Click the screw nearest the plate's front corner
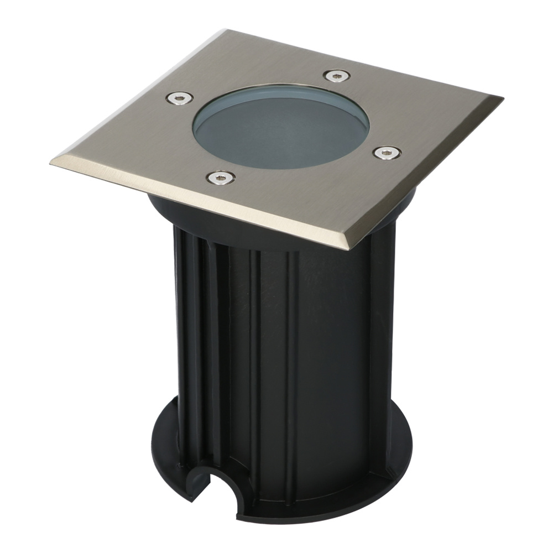pyautogui.click(x=221, y=178)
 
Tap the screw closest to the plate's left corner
pyautogui.click(x=180, y=98)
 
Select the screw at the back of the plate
pyautogui.click(x=336, y=76)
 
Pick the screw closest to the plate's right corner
pyautogui.click(x=387, y=152)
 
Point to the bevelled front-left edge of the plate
pyautogui.click(x=194, y=205)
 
